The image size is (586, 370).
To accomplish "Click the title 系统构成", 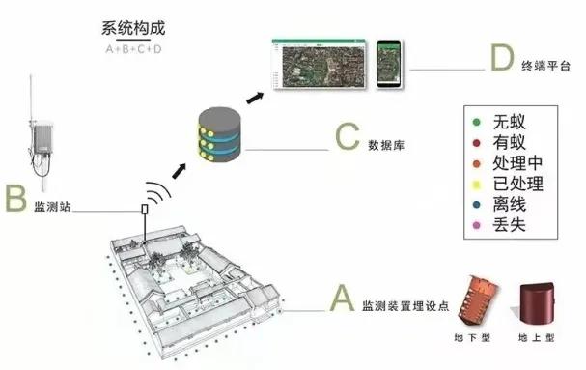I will [x=134, y=30].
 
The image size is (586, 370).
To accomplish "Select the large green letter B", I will [x=14, y=199].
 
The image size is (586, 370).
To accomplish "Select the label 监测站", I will [x=52, y=207].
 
